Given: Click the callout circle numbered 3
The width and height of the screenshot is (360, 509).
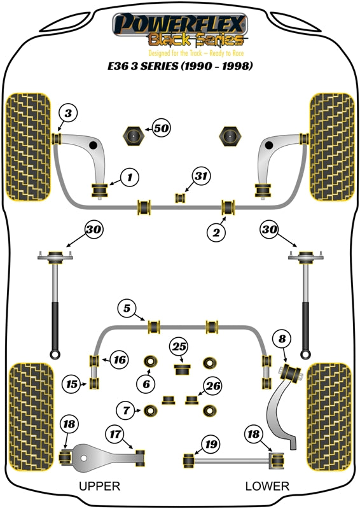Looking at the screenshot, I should click(69, 114).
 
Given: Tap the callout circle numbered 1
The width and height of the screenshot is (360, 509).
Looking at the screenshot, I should click(129, 176).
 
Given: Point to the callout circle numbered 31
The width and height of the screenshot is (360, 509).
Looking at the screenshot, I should click(202, 176).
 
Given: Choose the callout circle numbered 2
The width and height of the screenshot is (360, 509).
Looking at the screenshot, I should click(217, 234).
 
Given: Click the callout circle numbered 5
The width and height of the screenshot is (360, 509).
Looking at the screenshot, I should click(127, 309).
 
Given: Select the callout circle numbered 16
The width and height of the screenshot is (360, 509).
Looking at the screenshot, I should click(120, 360).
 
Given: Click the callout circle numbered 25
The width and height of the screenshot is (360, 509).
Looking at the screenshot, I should click(180, 347).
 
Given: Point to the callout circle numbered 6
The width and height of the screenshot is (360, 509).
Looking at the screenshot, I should click(146, 383).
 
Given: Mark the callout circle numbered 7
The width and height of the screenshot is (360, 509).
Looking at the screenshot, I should click(126, 410).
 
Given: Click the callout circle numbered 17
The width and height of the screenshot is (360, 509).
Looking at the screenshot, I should click(115, 435).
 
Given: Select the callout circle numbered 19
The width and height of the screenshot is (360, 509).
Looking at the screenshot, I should click(211, 443).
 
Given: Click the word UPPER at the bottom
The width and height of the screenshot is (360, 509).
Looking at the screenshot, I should click(99, 486).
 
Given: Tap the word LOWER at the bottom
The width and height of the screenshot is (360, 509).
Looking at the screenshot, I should click(267, 486).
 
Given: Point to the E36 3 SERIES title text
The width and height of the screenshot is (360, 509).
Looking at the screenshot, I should click(179, 66).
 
